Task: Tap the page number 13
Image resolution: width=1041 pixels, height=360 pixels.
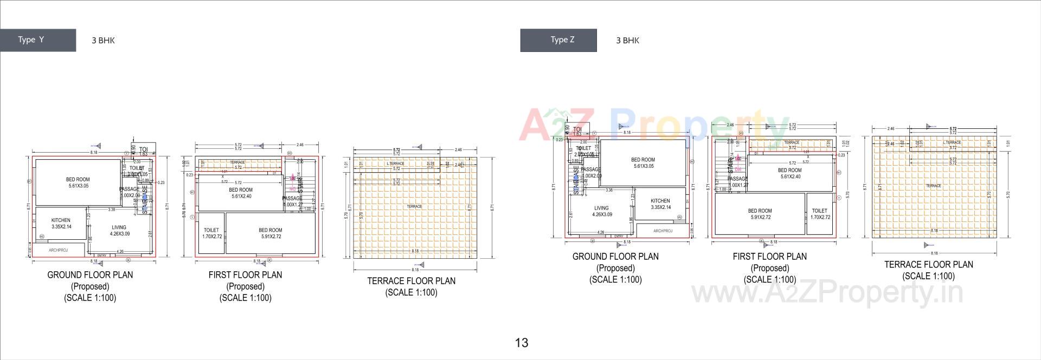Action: click(521, 343)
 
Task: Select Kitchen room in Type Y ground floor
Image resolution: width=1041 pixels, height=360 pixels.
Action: click(61, 224)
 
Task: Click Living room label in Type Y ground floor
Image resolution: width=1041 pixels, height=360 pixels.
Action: click(119, 231)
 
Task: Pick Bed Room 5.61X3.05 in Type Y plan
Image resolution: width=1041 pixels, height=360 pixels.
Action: click(78, 182)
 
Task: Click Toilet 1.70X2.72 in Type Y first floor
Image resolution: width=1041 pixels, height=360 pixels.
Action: click(211, 233)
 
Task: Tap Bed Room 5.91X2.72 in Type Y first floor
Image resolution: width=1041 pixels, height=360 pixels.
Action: click(270, 233)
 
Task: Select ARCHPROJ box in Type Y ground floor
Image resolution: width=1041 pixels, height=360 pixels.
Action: click(58, 250)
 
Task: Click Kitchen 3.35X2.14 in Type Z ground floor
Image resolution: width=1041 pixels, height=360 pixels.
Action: click(660, 204)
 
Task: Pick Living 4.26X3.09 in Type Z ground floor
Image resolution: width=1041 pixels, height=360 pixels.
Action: click(601, 211)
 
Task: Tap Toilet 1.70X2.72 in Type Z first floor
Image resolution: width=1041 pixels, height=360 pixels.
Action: click(820, 214)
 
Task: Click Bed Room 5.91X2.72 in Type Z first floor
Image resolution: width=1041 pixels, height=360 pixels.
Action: click(760, 214)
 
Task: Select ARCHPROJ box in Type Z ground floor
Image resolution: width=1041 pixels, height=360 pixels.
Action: click(663, 231)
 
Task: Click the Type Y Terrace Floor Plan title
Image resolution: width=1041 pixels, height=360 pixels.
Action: click(411, 281)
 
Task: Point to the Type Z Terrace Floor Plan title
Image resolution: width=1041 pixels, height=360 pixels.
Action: click(928, 265)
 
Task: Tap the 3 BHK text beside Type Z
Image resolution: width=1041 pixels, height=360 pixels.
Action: click(627, 40)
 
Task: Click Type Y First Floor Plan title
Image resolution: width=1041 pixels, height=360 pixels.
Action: click(245, 275)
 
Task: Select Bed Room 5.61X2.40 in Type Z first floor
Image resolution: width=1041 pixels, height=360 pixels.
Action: click(790, 173)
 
